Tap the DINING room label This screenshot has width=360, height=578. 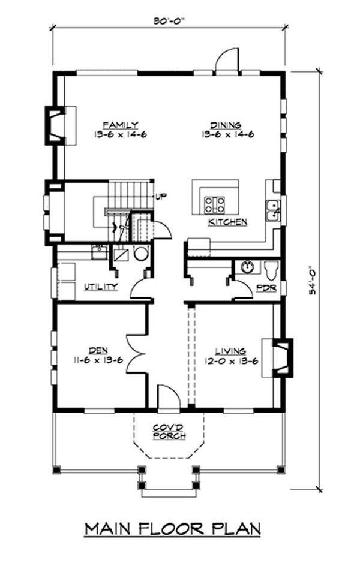pyautogui.click(x=229, y=125)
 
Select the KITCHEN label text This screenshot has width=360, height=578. pyautogui.click(x=227, y=222)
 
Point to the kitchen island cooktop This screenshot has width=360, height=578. pyautogui.click(x=214, y=204)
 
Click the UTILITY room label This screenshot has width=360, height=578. pyautogui.click(x=100, y=287)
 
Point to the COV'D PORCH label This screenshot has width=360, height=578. pyautogui.click(x=168, y=431)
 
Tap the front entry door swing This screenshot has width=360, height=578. pyautogui.click(x=168, y=397)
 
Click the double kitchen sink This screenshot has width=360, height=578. pyautogui.click(x=272, y=210)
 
